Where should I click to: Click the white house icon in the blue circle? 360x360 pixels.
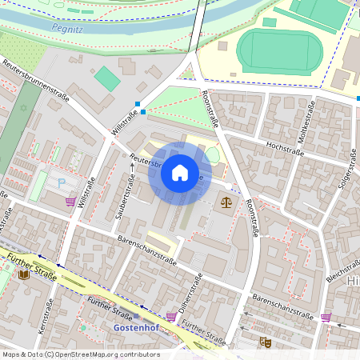tap(180, 173)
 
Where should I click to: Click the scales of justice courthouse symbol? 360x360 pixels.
tap(227, 202)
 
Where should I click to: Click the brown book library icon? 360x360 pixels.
tap(24, 274)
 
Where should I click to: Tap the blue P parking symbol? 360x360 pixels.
tap(62, 183)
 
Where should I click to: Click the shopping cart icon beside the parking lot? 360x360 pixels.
tap(70, 202)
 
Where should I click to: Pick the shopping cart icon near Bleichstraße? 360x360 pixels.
tap(326, 317)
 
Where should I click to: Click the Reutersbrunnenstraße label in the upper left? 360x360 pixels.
tap(35, 81)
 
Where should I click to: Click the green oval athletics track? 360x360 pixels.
tap(279, 49)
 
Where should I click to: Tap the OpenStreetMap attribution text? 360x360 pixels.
tap(80, 354)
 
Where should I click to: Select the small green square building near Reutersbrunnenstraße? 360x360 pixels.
tap(106, 78)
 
